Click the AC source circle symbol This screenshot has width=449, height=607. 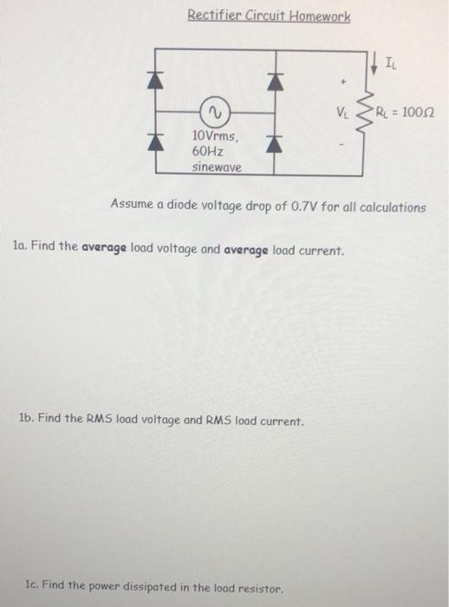(213, 111)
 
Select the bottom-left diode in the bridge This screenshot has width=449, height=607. (159, 144)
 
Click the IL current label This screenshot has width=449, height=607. (390, 62)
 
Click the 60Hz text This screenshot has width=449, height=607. (208, 151)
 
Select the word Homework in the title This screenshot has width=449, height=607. (317, 16)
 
